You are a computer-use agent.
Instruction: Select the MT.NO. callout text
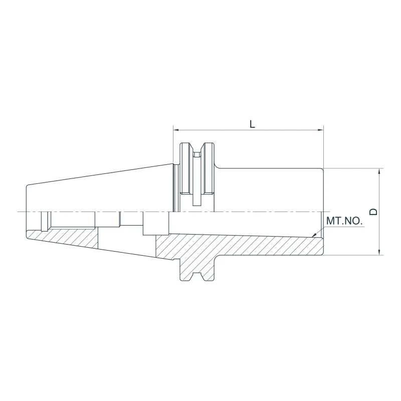tap(345, 221)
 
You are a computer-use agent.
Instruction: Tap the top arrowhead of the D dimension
tap(379, 171)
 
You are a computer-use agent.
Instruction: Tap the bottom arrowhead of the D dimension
tap(379, 252)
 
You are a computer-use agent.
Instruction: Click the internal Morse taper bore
tap(241, 223)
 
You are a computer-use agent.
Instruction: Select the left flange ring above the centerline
tap(185, 170)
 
